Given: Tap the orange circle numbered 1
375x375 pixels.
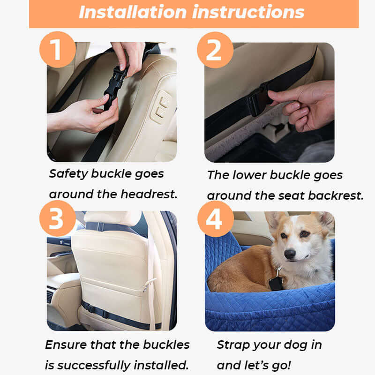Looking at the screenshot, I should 57,50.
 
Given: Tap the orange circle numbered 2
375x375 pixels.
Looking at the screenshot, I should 214,50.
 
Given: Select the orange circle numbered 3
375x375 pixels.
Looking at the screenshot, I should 57,219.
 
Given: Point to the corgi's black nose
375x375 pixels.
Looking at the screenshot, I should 290,254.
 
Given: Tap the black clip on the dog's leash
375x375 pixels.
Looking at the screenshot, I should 276,282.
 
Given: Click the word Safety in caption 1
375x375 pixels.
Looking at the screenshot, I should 68,174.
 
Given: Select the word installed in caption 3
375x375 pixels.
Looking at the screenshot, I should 159,365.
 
